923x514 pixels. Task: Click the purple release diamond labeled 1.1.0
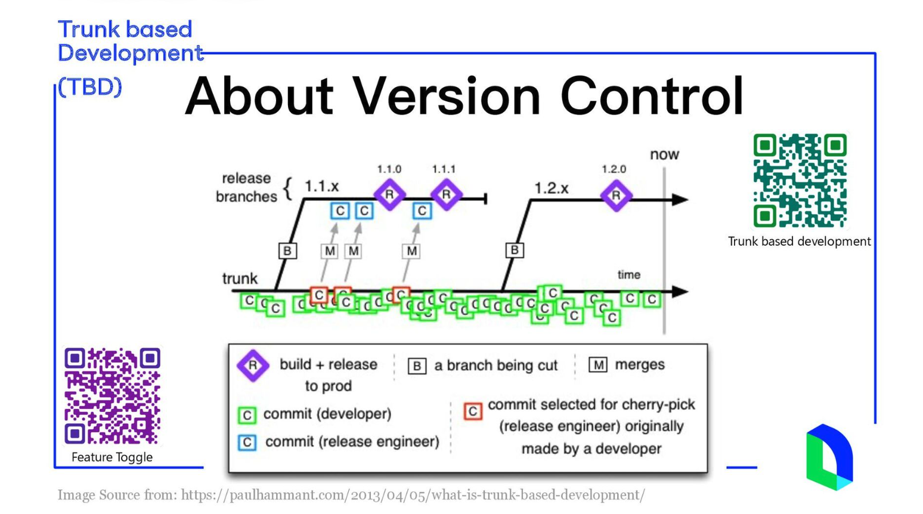390,194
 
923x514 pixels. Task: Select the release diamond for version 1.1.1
445,194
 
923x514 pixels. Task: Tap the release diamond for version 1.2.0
616,195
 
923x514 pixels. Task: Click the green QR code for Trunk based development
800,181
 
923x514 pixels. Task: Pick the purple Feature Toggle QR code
112,396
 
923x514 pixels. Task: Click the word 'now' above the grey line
664,154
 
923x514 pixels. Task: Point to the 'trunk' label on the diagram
240,278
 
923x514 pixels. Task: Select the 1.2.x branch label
551,188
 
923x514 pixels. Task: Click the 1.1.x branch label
321,187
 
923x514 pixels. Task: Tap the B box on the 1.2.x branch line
515,250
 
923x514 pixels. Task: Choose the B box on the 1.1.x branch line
287,250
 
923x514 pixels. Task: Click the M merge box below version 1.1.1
411,251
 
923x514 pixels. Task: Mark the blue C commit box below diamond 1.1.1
422,210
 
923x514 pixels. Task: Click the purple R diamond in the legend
253,365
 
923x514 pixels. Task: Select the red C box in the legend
473,411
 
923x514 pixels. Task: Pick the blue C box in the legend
247,442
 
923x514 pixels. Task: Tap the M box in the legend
597,364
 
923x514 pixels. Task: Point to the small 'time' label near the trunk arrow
628,275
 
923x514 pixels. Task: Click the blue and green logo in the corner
829,457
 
